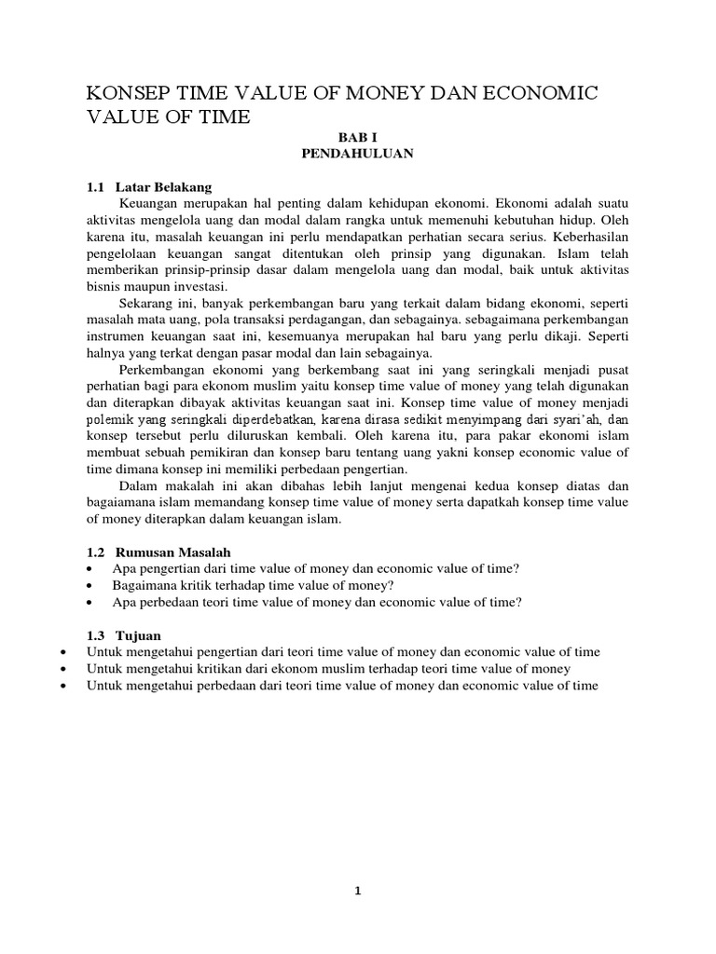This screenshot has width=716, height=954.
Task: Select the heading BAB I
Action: click(x=357, y=136)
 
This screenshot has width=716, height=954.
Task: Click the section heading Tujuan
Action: click(x=139, y=634)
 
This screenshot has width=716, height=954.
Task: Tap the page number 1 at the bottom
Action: click(x=358, y=891)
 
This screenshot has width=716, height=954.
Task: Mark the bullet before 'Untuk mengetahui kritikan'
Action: click(x=62, y=669)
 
